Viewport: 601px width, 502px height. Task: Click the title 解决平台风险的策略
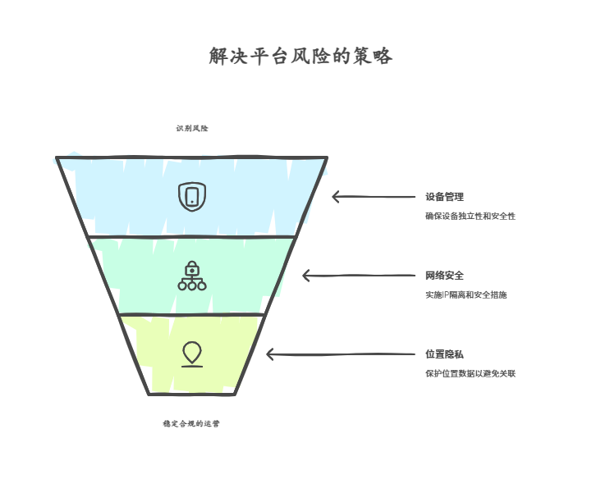(300, 56)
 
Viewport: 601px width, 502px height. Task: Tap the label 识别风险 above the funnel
(192, 128)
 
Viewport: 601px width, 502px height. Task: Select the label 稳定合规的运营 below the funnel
(191, 423)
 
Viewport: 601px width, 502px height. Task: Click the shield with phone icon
(192, 196)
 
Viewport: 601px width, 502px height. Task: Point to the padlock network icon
(192, 276)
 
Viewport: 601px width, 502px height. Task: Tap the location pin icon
(192, 354)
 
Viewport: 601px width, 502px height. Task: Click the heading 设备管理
(445, 197)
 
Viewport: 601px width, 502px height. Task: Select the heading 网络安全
(445, 276)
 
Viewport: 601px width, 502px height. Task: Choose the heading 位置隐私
(445, 354)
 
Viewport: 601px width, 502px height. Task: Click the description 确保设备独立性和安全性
(470, 216)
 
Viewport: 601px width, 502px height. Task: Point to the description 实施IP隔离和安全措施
(466, 294)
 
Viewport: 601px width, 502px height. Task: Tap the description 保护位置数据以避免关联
(470, 373)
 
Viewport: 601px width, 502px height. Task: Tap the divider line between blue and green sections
(191, 237)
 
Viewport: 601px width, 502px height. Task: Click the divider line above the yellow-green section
(191, 315)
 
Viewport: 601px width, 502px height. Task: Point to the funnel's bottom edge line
(191, 394)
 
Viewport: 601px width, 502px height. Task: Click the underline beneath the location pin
(192, 367)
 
